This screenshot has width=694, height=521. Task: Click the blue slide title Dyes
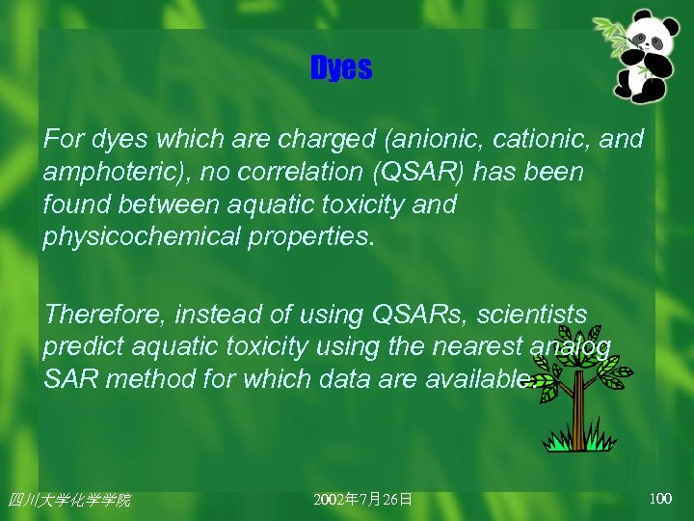340,69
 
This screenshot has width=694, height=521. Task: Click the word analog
572,346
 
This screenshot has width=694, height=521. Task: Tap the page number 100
660,499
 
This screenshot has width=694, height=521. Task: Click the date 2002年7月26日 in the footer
363,500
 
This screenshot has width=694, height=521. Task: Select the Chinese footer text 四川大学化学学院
68,500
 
